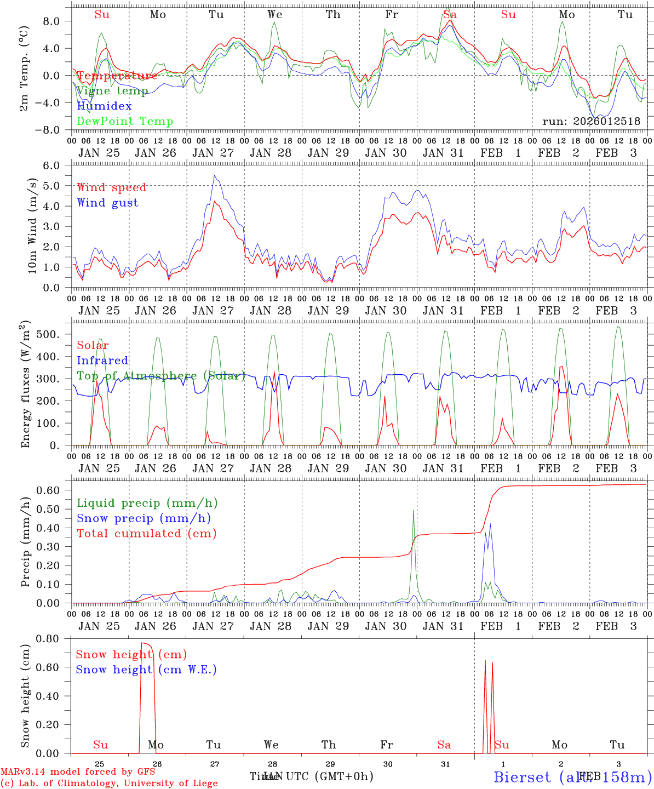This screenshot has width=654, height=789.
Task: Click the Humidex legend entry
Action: [104, 106]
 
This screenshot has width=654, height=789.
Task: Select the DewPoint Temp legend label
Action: [125, 122]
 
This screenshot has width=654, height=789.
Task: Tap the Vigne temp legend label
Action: [112, 91]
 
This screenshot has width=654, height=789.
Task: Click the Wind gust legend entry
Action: [107, 203]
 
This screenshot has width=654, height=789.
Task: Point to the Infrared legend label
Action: [102, 361]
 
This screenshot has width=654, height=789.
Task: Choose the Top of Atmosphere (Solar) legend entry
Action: [161, 376]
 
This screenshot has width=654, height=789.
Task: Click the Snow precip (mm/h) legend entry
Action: [144, 518]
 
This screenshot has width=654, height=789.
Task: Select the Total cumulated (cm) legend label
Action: [147, 533]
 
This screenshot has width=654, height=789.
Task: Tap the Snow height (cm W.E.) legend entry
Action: [146, 670]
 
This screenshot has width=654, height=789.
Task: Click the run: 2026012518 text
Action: [591, 122]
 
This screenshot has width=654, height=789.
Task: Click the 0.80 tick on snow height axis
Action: [54, 639]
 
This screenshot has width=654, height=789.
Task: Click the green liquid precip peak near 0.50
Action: [413, 511]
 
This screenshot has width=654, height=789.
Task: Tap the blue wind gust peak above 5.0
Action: [215, 176]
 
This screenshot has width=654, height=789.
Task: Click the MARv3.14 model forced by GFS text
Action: [78, 772]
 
